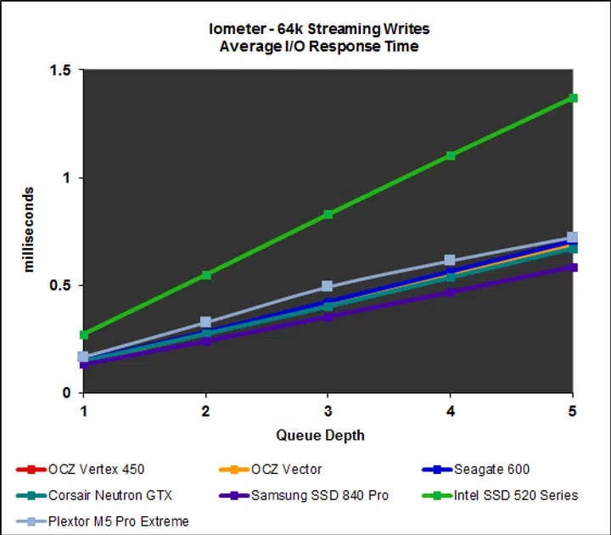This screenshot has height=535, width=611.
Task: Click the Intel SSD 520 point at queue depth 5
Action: (x=573, y=99)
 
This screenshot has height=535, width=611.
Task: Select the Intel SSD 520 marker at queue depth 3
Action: (x=328, y=214)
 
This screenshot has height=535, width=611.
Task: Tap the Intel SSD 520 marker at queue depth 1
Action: (x=83, y=335)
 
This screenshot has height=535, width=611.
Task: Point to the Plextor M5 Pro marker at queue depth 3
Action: (x=328, y=287)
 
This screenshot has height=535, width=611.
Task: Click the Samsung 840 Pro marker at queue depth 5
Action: (x=573, y=267)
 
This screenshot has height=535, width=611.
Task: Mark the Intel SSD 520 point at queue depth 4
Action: (x=451, y=155)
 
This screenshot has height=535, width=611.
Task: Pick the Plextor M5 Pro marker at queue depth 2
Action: (x=205, y=323)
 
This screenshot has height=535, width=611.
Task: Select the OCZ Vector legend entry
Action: (x=287, y=470)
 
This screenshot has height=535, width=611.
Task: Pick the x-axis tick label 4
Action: (x=451, y=411)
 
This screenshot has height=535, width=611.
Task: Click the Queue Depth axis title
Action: (x=320, y=436)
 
